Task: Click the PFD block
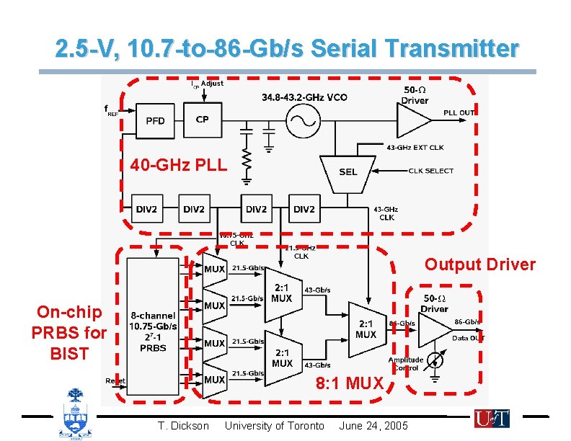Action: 155,120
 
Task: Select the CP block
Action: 203,119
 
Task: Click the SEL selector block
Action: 348,171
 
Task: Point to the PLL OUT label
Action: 459,112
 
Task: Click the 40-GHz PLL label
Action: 178,166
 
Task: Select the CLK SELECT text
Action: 430,171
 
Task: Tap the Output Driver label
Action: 479,264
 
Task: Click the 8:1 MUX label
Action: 349,383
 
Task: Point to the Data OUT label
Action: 468,337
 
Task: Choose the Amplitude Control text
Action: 405,364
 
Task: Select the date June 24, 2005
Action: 373,426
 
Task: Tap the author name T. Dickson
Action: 183,426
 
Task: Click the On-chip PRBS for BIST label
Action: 68,332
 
